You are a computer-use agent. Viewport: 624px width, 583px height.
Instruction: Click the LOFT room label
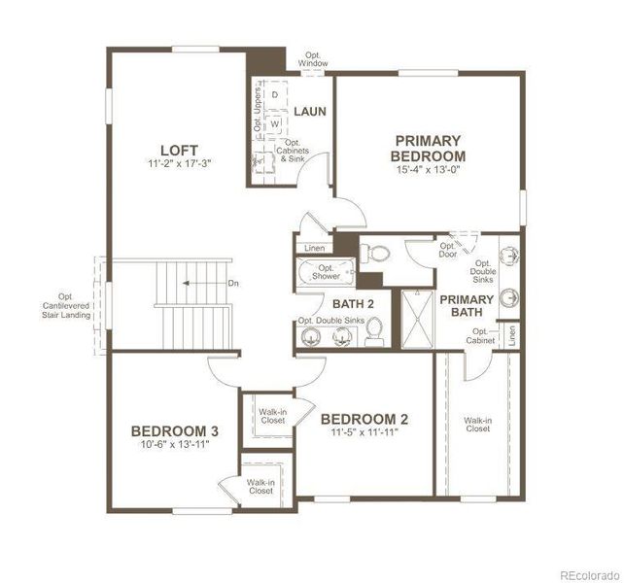pyautogui.click(x=179, y=150)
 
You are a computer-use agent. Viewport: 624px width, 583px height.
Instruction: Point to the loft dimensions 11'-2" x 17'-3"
pyautogui.click(x=179, y=164)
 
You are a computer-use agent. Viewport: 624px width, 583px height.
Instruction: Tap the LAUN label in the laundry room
pyautogui.click(x=310, y=111)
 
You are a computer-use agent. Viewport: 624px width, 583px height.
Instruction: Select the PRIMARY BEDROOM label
pyautogui.click(x=428, y=148)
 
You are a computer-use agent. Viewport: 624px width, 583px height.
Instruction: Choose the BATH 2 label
pyautogui.click(x=341, y=303)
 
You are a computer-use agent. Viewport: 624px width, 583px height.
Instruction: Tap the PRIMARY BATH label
pyautogui.click(x=467, y=305)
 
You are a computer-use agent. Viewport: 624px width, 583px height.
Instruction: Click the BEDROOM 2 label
pyautogui.click(x=364, y=419)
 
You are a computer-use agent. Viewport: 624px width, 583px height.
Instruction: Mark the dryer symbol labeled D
pyautogui.click(x=275, y=94)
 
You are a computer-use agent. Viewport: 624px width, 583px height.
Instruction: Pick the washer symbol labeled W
pyautogui.click(x=275, y=124)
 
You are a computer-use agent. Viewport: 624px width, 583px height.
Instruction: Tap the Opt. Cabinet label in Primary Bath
pyautogui.click(x=479, y=335)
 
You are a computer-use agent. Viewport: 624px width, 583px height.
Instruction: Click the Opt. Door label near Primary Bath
pyautogui.click(x=447, y=251)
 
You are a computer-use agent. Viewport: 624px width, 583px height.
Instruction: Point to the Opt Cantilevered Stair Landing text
pyautogui.click(x=65, y=306)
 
